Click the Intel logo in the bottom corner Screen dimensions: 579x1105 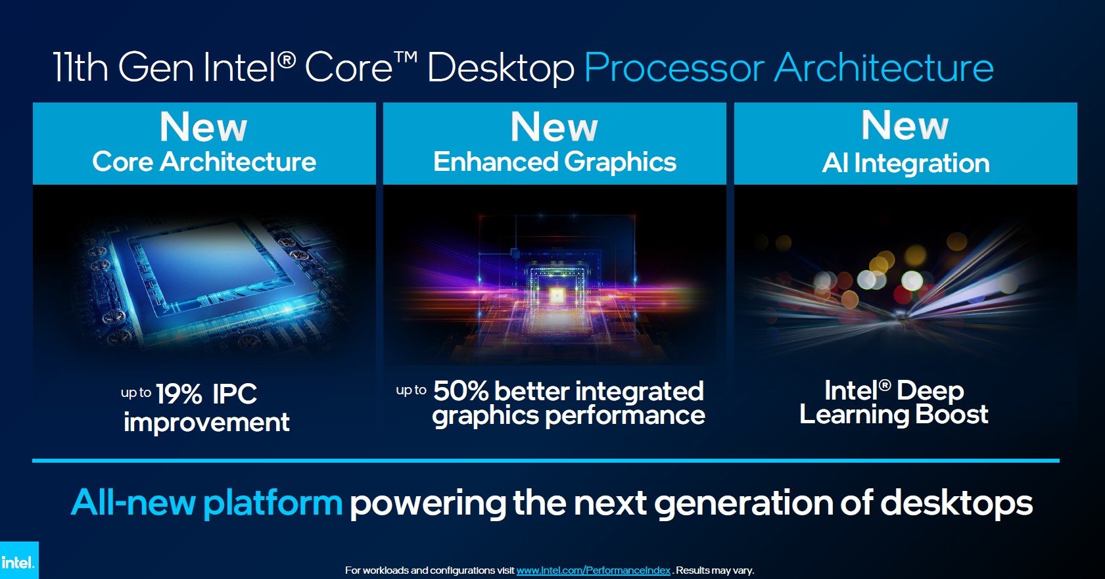[x=18, y=561]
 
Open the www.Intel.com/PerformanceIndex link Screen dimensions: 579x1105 [x=593, y=570]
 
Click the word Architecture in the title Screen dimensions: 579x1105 [x=884, y=68]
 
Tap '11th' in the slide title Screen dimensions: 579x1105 [x=80, y=68]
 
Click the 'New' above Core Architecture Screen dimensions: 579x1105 [x=203, y=127]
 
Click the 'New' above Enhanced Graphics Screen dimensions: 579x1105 [x=554, y=127]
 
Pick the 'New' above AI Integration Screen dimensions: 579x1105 [x=905, y=125]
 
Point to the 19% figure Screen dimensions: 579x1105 [x=179, y=394]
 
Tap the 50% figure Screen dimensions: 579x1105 [x=461, y=391]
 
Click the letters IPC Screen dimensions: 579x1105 [x=235, y=394]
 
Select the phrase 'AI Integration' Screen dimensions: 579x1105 [x=905, y=163]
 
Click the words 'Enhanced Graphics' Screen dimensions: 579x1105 [x=554, y=162]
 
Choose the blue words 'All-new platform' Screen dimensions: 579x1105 [x=206, y=503]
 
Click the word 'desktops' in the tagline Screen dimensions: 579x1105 [x=956, y=503]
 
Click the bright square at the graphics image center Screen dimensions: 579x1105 [x=555, y=297]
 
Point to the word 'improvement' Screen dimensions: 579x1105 [x=206, y=422]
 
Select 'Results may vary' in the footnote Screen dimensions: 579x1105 [x=715, y=570]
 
